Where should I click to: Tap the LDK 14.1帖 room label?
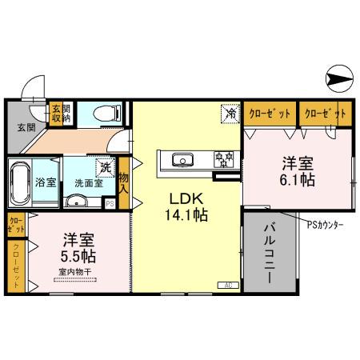click(187, 206)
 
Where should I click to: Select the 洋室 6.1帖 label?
click(298, 171)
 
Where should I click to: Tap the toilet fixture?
click(106, 114)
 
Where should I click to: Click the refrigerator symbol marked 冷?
click(230, 114)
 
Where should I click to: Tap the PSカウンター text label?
click(324, 224)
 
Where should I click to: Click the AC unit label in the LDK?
click(227, 285)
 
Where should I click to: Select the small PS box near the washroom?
click(110, 203)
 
